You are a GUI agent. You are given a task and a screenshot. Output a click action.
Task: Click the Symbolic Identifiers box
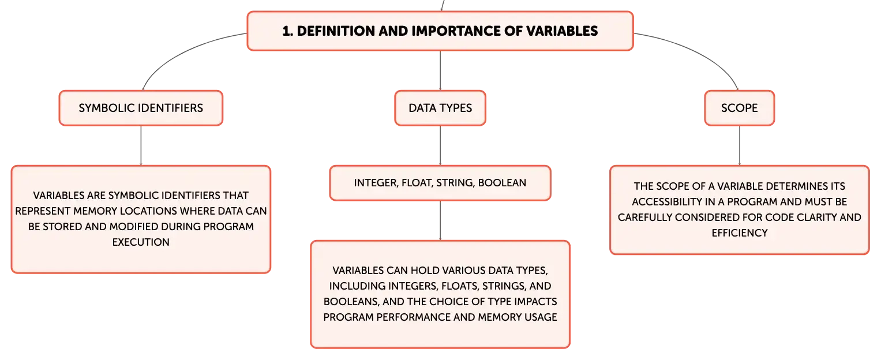[x=141, y=108]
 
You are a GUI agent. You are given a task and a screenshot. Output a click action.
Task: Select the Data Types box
[x=440, y=108]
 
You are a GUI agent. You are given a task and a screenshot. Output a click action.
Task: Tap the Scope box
[x=740, y=108]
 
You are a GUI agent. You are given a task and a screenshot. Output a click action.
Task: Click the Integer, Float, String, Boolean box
[x=440, y=183]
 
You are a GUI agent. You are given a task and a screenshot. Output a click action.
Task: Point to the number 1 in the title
[x=287, y=31]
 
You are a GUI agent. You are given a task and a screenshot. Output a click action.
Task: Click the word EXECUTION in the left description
[x=141, y=242]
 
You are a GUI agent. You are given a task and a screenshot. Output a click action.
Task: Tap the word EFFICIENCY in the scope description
[x=740, y=233]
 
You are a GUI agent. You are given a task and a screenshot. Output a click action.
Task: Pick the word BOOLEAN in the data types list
[x=502, y=183]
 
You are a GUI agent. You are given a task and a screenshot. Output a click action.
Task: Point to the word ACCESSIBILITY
[x=668, y=202]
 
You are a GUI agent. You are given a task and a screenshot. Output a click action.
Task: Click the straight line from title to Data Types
[x=440, y=70]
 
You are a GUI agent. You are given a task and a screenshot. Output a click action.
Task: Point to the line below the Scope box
[x=740, y=145]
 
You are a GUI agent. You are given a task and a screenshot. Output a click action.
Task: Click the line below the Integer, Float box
[x=440, y=220]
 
